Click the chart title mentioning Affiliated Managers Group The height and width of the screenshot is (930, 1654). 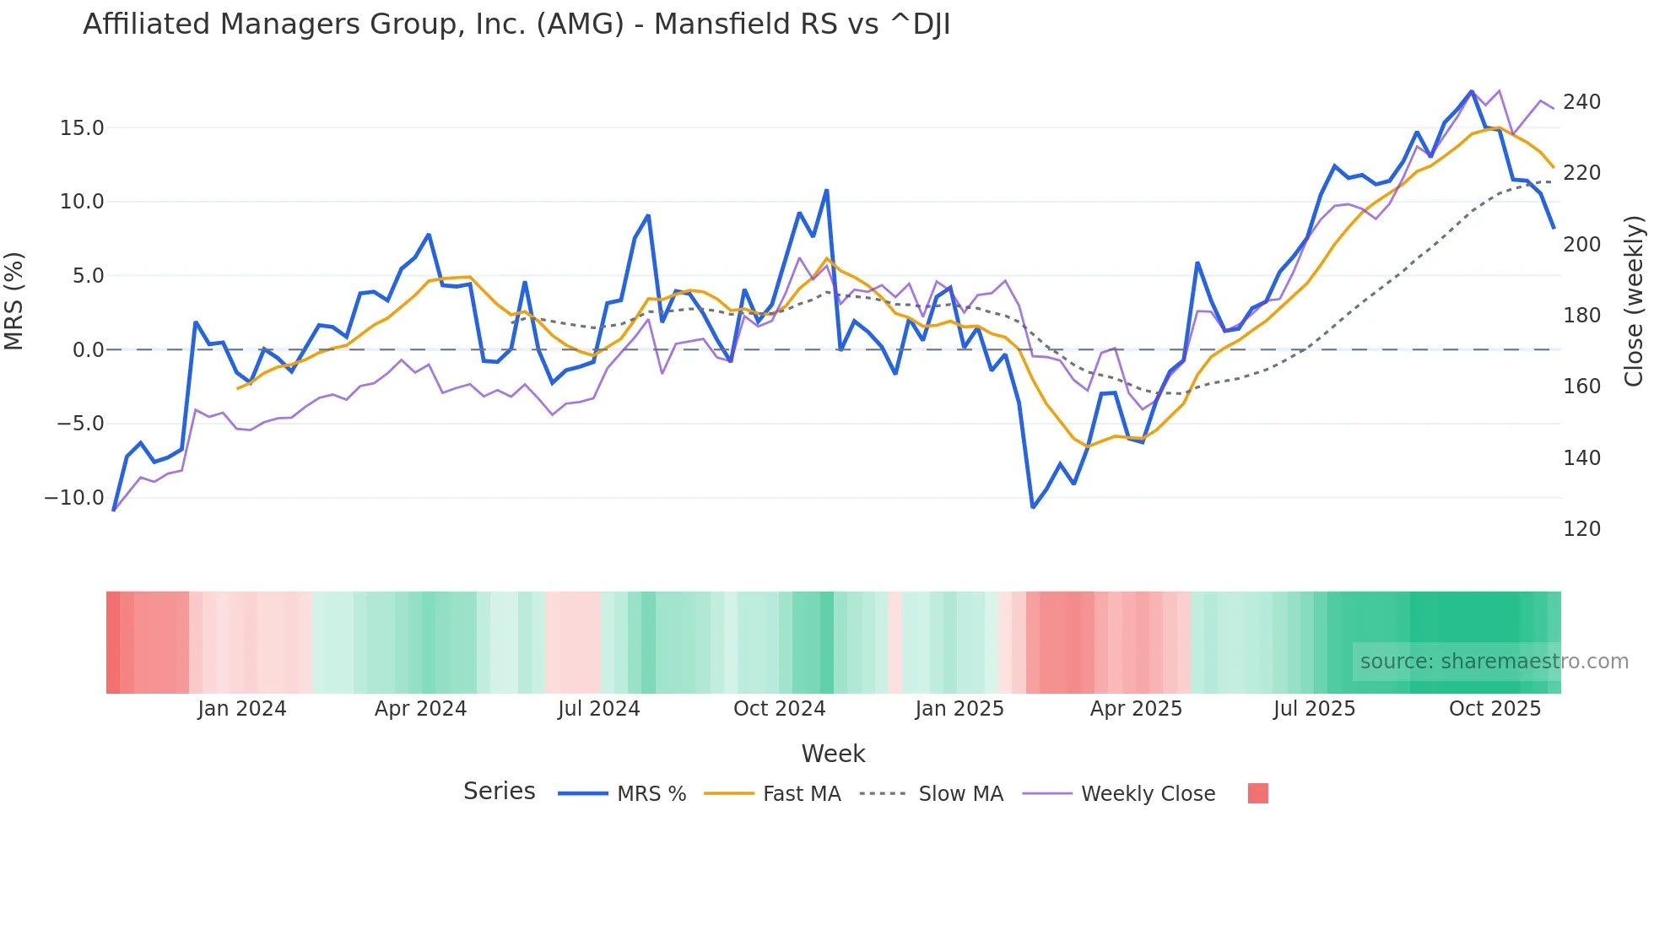click(x=516, y=24)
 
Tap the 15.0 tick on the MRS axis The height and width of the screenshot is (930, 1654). click(x=82, y=128)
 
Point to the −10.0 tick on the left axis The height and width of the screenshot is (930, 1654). click(x=74, y=498)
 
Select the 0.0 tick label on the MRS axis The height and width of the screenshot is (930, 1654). click(x=88, y=350)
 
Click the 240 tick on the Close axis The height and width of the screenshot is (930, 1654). click(x=1581, y=102)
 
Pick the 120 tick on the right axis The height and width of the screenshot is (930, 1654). click(x=1581, y=529)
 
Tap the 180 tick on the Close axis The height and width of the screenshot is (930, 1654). click(x=1581, y=316)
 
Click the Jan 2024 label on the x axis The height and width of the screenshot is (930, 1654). click(x=242, y=709)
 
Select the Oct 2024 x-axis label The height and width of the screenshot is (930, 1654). click(x=779, y=709)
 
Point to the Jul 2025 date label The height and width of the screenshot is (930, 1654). click(x=1314, y=709)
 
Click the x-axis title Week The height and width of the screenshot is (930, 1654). click(x=833, y=754)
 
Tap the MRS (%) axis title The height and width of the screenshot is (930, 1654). click(x=14, y=301)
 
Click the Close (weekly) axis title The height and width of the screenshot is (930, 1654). click(x=1635, y=301)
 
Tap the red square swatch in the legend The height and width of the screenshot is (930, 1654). click(x=1257, y=793)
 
